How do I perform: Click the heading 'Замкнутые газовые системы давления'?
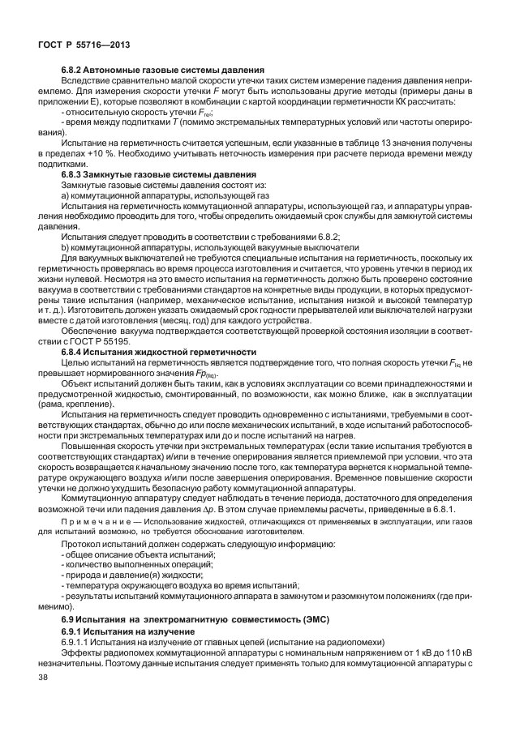(x=175, y=175)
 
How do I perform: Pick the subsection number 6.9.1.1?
(x=77, y=642)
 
